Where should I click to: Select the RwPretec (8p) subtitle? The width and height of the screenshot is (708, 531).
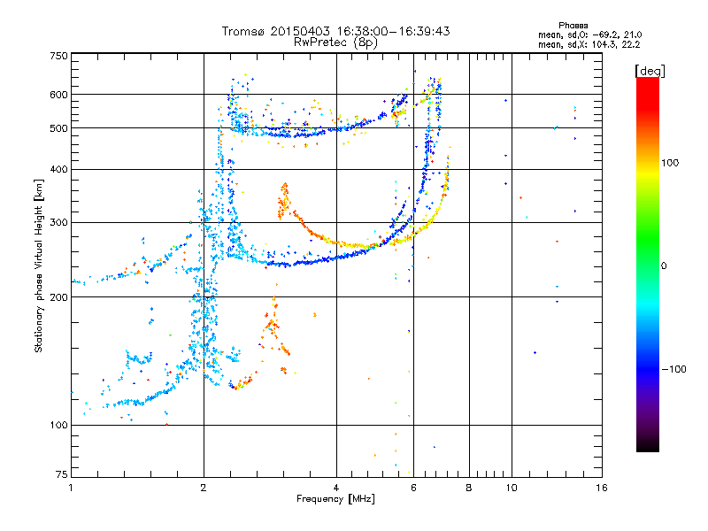[335, 42]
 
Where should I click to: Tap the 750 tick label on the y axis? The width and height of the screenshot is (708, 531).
[58, 56]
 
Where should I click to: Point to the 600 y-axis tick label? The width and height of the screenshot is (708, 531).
[58, 95]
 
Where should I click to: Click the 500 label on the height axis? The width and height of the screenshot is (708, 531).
[58, 128]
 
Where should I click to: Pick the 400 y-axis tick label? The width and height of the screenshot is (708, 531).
[58, 169]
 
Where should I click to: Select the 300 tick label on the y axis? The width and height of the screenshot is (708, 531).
[58, 222]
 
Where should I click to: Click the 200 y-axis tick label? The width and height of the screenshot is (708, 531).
[58, 297]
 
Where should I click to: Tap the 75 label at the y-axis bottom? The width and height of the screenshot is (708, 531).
[62, 474]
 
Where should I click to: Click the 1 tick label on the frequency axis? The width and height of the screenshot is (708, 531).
[71, 488]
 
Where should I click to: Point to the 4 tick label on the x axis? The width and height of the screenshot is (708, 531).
[336, 488]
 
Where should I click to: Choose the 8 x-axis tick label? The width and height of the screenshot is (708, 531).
[469, 488]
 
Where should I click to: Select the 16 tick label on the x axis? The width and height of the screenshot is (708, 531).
[602, 488]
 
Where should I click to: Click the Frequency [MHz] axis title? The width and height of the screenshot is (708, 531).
[335, 499]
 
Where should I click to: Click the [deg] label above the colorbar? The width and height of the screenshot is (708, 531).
[650, 71]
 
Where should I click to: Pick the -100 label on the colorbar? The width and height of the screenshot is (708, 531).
[674, 369]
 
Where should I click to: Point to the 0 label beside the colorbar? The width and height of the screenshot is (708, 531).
[664, 266]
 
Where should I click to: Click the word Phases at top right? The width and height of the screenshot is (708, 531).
[573, 26]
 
